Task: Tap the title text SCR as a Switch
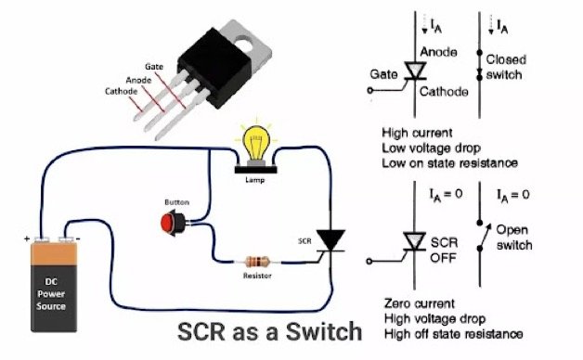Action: (269, 329)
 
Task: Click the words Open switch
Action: (512, 237)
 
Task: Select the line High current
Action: (417, 133)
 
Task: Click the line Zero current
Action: (418, 303)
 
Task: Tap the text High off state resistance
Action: (452, 333)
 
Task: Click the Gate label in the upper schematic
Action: (384, 71)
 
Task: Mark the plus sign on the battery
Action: (27, 238)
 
